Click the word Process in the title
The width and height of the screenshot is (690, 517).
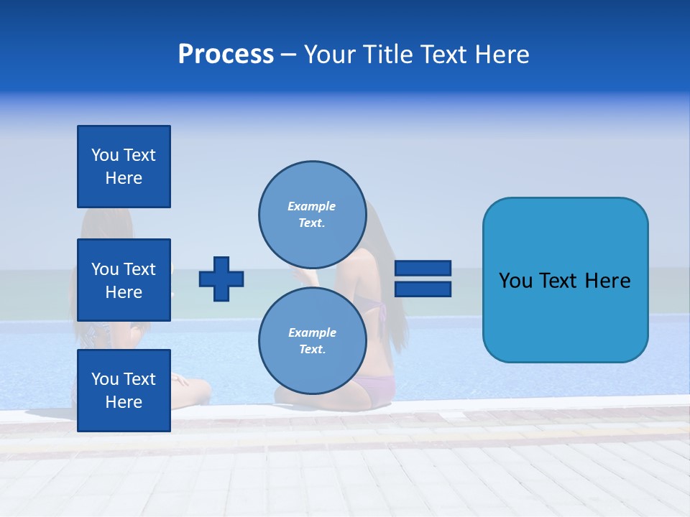[226, 55]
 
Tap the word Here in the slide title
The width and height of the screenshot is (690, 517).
[501, 55]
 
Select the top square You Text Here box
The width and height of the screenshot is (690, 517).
[124, 167]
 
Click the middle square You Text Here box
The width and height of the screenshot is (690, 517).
[124, 280]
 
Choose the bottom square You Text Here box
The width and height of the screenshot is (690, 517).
[124, 390]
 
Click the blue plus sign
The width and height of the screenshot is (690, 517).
[221, 279]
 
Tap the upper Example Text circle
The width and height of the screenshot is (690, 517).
[312, 214]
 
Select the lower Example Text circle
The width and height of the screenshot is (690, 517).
[312, 341]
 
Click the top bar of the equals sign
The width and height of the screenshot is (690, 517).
[423, 268]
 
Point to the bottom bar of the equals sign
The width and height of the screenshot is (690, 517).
[423, 289]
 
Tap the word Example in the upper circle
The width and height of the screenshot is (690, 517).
[312, 206]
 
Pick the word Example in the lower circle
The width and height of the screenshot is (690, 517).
[312, 332]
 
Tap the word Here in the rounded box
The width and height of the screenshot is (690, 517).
[608, 281]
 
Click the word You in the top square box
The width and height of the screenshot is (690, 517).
[105, 155]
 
